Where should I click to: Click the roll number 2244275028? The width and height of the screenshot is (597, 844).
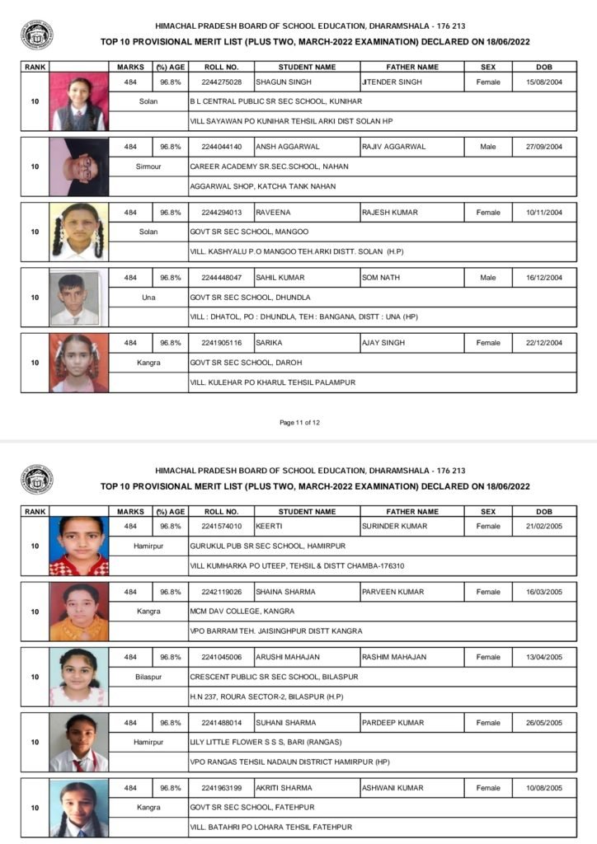[x=221, y=82]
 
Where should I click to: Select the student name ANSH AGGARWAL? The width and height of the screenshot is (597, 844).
[x=284, y=147]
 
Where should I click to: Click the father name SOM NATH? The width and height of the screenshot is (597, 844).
[x=380, y=278]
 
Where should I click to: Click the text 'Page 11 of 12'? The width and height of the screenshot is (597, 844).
[x=299, y=423]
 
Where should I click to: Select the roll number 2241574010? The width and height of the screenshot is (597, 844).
[x=221, y=526]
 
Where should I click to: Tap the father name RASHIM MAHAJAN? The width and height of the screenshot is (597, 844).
[x=394, y=657]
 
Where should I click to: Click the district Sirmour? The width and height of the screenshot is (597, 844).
[x=148, y=166]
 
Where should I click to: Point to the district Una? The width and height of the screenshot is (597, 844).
[x=148, y=298]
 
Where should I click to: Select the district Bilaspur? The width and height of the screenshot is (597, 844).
[x=148, y=677]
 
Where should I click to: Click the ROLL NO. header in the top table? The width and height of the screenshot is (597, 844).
[x=221, y=67]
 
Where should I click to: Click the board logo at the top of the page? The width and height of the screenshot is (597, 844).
[x=36, y=35]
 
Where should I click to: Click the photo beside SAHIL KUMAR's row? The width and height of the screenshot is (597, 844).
[x=79, y=298]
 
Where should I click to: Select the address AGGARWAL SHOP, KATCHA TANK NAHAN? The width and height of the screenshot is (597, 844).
[x=262, y=186]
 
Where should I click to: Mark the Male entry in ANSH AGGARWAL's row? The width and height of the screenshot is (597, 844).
[x=487, y=147]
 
